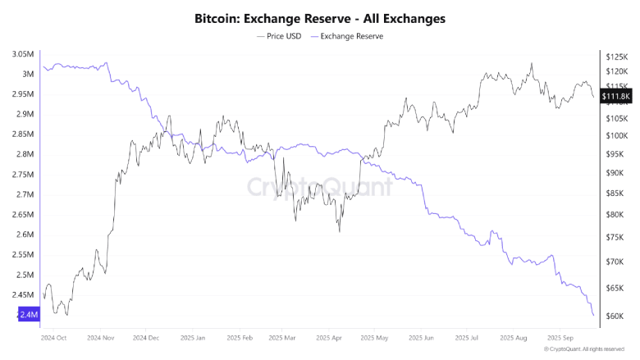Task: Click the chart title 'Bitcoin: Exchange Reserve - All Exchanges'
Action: [319, 18]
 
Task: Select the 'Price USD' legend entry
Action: [278, 36]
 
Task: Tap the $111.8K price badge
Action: [616, 97]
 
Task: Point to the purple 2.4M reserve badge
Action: [25, 314]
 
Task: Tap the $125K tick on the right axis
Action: [615, 57]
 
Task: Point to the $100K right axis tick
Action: [615, 135]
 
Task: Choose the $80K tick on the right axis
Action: [616, 215]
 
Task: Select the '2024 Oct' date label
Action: [53, 336]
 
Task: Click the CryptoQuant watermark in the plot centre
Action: [320, 187]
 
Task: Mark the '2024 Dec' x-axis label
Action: [145, 336]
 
